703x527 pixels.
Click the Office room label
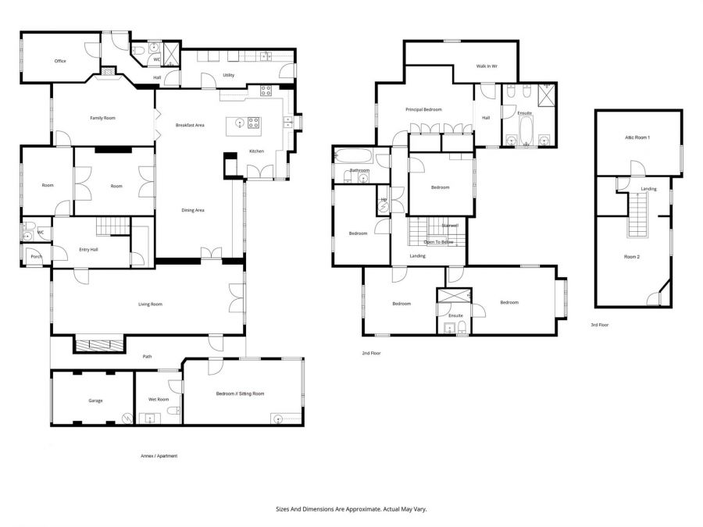pos(59,61)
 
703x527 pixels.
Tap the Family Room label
pos(102,118)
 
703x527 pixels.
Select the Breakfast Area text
pos(190,125)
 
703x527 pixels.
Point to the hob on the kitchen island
pos(254,122)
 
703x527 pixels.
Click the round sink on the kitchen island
pos(235,122)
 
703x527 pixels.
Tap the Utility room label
pos(228,75)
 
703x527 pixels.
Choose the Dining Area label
pos(193,209)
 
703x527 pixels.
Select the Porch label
pos(36,256)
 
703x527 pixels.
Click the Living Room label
pos(150,304)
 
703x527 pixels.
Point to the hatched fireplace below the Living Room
pos(98,344)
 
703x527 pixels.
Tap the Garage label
pos(95,401)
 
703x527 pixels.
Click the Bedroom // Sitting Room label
pos(240,393)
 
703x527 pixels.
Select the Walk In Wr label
pos(487,66)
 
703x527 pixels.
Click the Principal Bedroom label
pos(423,109)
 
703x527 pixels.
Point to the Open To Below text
pos(438,242)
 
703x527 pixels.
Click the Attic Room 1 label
pos(637,137)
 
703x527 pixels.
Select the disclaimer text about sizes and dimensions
pos(351,508)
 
